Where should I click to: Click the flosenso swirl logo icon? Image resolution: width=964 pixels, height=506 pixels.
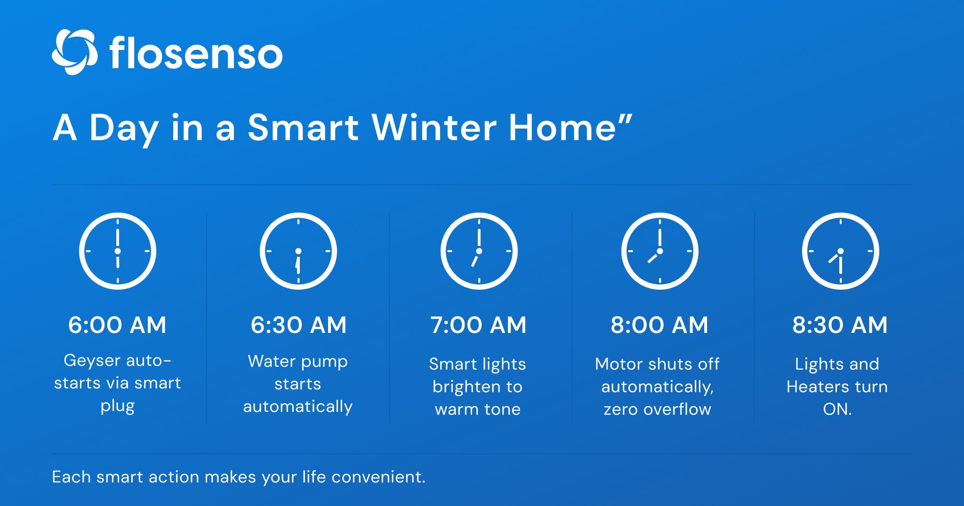[74, 52]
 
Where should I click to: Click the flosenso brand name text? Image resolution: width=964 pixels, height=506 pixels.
[196, 53]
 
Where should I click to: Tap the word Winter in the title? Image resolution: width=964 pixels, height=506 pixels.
[434, 127]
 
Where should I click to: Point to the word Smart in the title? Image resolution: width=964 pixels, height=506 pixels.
[303, 127]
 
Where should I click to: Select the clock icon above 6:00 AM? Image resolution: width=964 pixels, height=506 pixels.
[118, 251]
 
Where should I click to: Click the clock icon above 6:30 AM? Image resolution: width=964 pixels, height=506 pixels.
[298, 251]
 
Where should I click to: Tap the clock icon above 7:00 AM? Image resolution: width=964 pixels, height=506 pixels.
[479, 251]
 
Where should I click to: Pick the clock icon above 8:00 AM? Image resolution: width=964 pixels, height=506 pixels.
[659, 251]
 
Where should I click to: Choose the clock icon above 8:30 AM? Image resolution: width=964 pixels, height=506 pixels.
[840, 251]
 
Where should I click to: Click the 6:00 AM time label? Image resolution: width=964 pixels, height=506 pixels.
[117, 325]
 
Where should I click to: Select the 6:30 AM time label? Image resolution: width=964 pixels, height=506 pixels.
[298, 325]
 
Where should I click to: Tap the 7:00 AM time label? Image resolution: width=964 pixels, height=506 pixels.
[478, 325]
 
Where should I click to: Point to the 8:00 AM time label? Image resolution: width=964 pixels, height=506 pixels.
[659, 325]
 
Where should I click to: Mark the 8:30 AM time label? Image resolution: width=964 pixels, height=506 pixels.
[840, 325]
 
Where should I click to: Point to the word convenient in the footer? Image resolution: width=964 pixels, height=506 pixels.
[378, 477]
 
